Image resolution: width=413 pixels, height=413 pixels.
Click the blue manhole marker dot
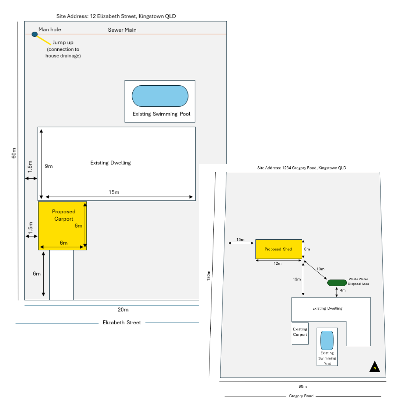(x=34, y=34)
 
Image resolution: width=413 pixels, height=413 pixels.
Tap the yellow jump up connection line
(x=44, y=40)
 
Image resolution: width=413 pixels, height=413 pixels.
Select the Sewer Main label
(x=122, y=30)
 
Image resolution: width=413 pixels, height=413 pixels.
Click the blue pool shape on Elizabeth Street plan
(x=160, y=96)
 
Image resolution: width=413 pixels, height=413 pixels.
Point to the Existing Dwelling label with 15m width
(x=111, y=163)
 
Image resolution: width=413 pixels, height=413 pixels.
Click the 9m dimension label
(x=49, y=166)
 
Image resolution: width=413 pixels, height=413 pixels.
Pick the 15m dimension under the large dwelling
(x=114, y=192)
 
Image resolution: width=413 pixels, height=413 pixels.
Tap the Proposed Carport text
(x=63, y=215)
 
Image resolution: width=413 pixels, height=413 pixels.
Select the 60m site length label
(x=14, y=153)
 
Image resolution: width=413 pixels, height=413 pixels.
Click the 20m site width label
(x=123, y=309)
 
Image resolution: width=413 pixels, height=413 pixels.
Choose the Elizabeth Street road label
(x=122, y=323)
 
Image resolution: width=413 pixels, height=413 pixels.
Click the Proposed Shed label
(x=278, y=249)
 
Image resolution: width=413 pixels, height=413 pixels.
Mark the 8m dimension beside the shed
(x=307, y=249)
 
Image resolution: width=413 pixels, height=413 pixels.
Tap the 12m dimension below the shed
(x=278, y=263)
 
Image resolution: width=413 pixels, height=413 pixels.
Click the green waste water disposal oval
(x=337, y=283)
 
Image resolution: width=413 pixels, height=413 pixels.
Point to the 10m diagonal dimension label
(x=320, y=269)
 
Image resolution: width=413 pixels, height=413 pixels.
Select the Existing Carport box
(x=300, y=333)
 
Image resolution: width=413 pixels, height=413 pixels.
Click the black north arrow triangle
(x=375, y=367)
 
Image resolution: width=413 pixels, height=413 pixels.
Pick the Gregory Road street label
(x=301, y=396)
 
